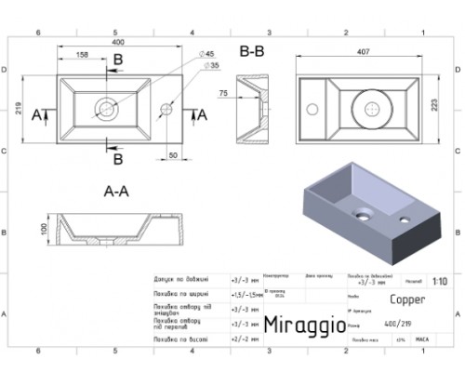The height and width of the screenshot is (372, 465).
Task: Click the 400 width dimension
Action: [x=117, y=43]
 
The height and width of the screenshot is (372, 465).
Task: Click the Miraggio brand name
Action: [x=302, y=325]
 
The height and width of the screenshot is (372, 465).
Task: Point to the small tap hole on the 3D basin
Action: [x=405, y=219]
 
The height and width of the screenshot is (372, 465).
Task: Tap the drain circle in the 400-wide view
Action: [x=105, y=108]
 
